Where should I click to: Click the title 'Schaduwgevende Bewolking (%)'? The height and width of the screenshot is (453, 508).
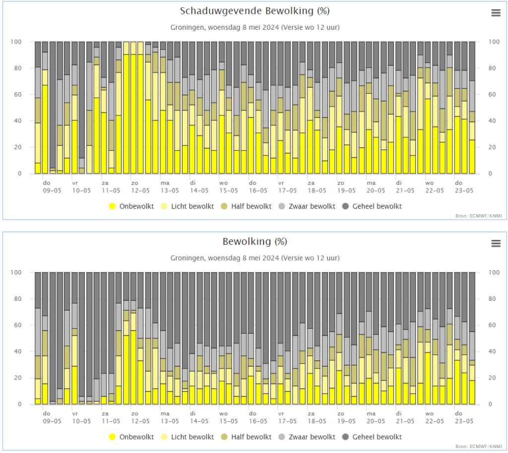pos(254,11)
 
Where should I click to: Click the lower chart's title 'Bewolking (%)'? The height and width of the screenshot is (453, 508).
pos(254,242)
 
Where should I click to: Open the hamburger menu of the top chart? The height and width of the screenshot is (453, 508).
pos(496,13)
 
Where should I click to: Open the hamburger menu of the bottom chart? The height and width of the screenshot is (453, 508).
pos(496,243)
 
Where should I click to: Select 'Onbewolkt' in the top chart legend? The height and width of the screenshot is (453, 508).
pos(131,207)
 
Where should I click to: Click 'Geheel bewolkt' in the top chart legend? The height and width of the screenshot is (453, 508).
pos(372,207)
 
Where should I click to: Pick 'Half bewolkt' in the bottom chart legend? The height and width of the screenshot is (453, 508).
pos(246,437)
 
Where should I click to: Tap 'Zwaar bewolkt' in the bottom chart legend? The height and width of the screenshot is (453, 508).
pos(307,437)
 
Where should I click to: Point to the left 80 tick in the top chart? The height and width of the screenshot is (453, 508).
pos(18,68)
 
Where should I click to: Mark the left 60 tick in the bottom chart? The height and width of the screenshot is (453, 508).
pos(18,325)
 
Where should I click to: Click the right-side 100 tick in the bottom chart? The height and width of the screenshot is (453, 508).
pos(494,273)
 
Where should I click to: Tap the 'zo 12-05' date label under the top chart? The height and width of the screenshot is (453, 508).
pos(140,187)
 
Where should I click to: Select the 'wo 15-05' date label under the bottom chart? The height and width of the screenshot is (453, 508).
pos(228,417)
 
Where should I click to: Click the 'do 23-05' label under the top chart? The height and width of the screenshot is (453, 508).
pos(464,187)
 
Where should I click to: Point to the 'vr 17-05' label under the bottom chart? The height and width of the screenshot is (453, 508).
pos(287,417)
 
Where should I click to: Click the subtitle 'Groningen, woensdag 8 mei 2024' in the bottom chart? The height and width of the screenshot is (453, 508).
pos(225,258)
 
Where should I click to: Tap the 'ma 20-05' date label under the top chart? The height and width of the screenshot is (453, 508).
pos(376,187)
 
